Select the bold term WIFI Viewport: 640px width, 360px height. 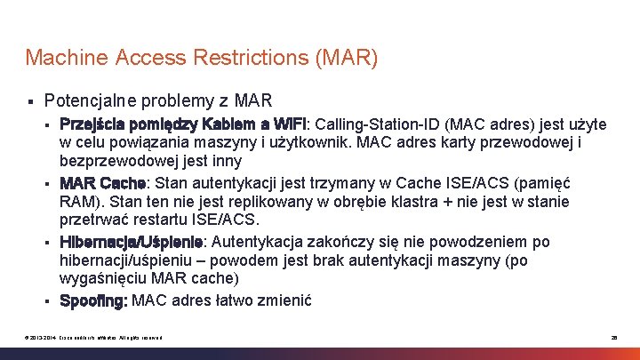[288, 123]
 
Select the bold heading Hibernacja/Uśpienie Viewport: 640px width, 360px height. [132, 242]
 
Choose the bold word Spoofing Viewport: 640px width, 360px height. [93, 300]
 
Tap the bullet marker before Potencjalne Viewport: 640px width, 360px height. [30, 100]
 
